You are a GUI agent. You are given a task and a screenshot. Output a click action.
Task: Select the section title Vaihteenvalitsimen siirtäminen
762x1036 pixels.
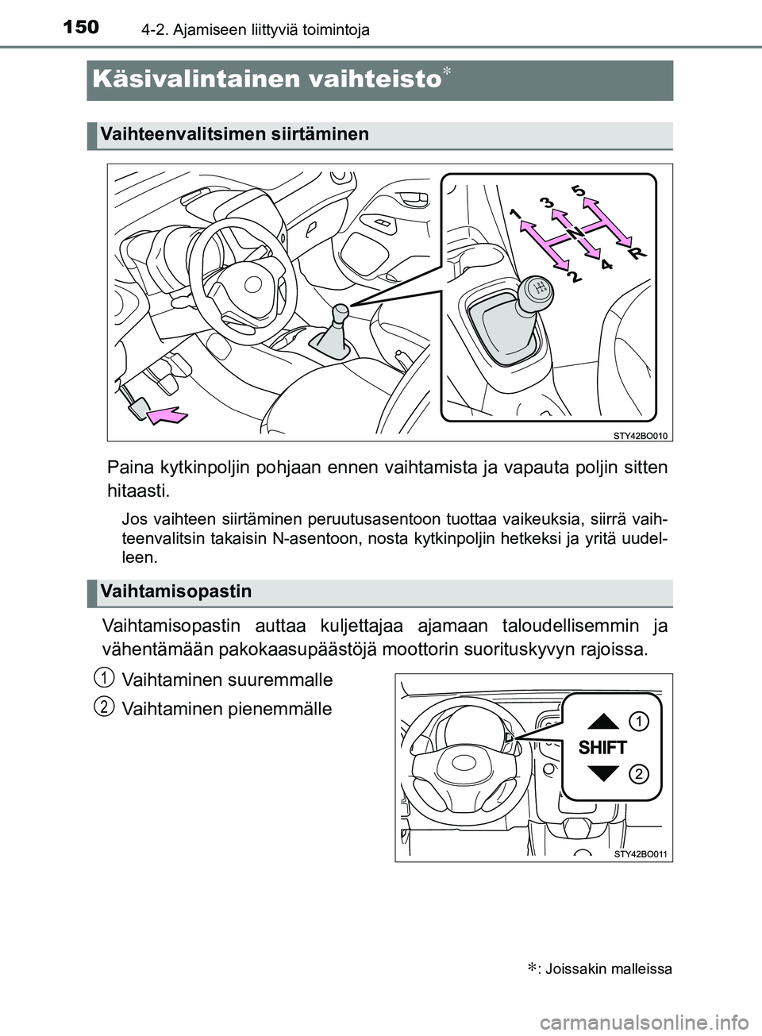pyautogui.click(x=235, y=134)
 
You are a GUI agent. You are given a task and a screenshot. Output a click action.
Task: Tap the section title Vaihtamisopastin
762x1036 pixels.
pyautogui.click(x=176, y=591)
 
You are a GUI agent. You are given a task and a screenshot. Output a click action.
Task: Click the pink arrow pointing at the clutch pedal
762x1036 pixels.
pyautogui.click(x=167, y=415)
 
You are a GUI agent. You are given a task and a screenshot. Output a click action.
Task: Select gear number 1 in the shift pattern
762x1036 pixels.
pyautogui.click(x=515, y=214)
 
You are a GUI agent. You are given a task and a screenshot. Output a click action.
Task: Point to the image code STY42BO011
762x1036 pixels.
pyautogui.click(x=641, y=854)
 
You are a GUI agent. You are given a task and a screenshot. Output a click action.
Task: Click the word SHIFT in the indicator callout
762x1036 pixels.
pyautogui.click(x=602, y=748)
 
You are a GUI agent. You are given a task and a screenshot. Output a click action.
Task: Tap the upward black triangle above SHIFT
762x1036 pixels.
pyautogui.click(x=603, y=721)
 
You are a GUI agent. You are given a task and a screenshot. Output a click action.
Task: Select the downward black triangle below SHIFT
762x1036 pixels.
pyautogui.click(x=603, y=773)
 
